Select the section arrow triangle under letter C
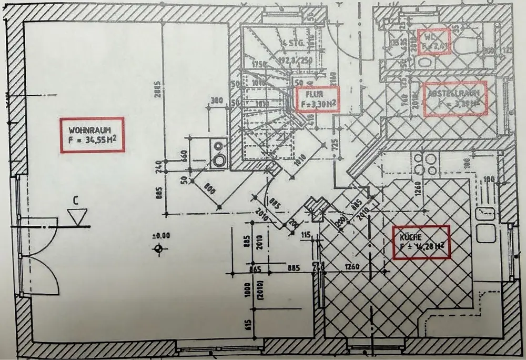pyautogui.click(x=77, y=216)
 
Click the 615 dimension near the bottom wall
pyautogui.click(x=248, y=324)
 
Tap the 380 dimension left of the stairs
pyautogui.click(x=216, y=101)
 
